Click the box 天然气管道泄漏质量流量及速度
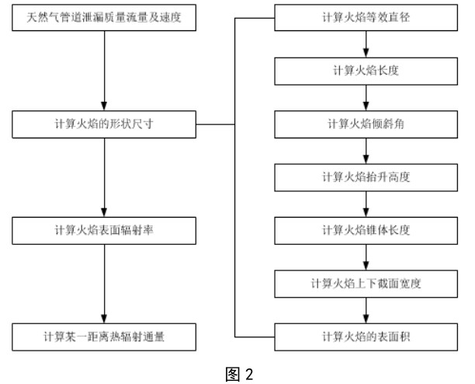click(x=102, y=16)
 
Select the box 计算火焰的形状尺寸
click(x=102, y=123)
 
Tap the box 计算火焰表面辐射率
click(x=102, y=230)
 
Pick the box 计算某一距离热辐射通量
click(x=102, y=337)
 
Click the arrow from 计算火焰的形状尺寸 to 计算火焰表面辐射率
click(x=102, y=176)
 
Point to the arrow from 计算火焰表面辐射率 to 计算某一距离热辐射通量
click(x=102, y=283)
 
